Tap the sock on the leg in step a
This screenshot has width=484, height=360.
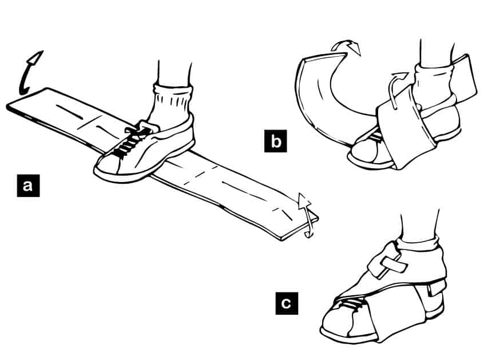pyautogui.click(x=171, y=103)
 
